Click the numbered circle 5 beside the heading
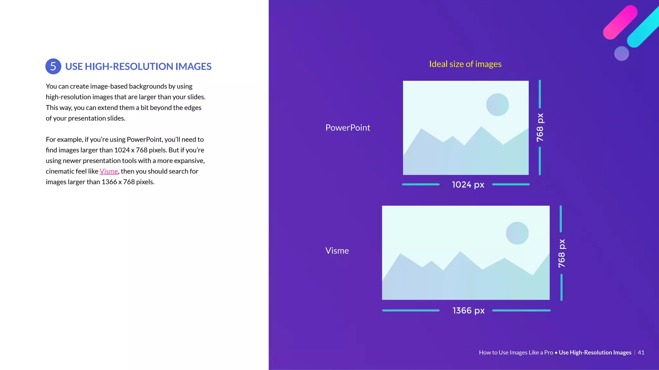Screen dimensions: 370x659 click(x=53, y=66)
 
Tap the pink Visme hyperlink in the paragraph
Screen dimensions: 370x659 click(x=109, y=171)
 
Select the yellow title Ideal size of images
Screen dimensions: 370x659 click(x=465, y=64)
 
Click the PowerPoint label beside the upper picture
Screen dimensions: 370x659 click(x=348, y=128)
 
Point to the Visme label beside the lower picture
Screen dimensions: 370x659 click(x=337, y=251)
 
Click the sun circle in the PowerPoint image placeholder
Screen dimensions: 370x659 click(x=497, y=105)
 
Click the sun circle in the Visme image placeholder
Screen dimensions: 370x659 click(x=517, y=233)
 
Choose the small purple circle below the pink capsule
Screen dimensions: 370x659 click(x=621, y=53)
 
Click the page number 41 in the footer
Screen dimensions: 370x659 click(x=641, y=352)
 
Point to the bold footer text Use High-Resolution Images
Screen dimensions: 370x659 click(x=595, y=352)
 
